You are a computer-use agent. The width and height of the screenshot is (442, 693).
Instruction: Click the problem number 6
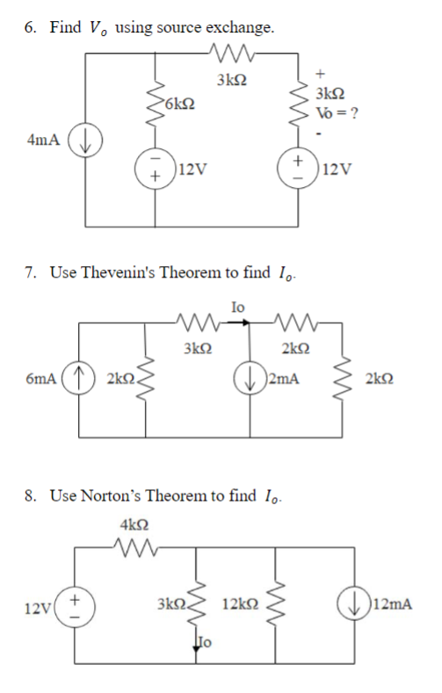pos(30,27)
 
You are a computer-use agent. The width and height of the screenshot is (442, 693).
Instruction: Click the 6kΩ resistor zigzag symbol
pos(156,105)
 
